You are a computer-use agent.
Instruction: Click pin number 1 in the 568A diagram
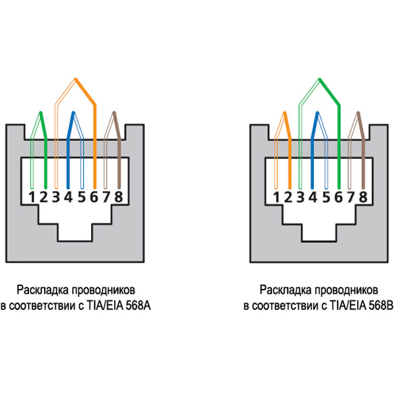click(x=32, y=197)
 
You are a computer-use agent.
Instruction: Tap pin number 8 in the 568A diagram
click(x=119, y=197)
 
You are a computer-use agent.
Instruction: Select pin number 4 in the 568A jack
click(x=69, y=197)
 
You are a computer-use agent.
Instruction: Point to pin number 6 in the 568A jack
click(x=94, y=197)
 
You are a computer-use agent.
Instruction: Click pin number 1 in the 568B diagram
click(x=275, y=197)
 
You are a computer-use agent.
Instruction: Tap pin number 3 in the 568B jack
click(x=300, y=197)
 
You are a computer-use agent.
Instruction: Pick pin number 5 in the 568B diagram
click(x=325, y=197)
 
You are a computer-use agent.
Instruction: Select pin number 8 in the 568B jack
click(x=362, y=197)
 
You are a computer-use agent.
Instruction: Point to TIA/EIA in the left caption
click(x=103, y=306)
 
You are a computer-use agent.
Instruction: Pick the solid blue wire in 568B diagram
click(x=312, y=155)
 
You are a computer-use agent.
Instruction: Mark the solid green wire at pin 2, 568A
click(x=45, y=155)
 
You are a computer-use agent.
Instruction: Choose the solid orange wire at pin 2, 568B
click(x=288, y=155)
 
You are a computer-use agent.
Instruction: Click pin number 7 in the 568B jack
click(x=350, y=197)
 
